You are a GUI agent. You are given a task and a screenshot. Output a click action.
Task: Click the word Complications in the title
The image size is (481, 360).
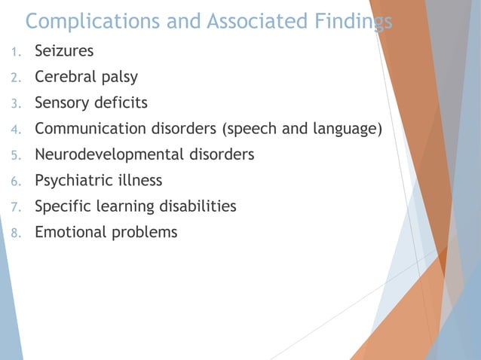[94, 21]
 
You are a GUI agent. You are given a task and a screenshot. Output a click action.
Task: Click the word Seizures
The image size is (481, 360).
[64, 51]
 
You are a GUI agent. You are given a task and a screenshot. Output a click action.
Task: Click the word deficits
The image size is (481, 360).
[121, 102]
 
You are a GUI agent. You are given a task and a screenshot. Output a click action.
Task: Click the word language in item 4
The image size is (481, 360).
[345, 129]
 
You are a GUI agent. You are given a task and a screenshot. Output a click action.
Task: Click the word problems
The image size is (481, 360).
[145, 232]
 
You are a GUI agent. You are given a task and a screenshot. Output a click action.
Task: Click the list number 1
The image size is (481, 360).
[14, 52]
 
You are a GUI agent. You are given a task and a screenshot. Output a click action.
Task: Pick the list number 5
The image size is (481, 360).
[14, 155]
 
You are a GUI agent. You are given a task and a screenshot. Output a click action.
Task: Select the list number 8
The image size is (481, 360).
[14, 233]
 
